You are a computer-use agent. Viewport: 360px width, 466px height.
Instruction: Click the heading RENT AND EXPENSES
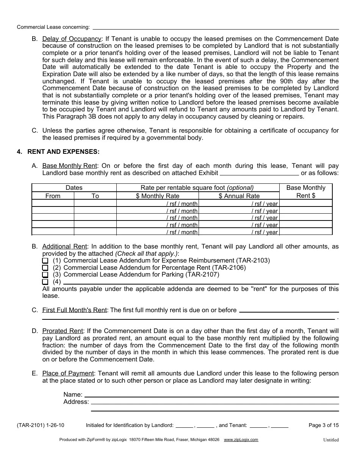63,152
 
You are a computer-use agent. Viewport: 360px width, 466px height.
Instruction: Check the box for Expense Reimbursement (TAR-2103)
45,261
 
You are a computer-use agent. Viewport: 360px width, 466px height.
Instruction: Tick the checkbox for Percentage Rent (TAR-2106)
45,268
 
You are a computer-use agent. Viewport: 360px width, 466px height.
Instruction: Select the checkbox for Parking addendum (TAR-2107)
45,275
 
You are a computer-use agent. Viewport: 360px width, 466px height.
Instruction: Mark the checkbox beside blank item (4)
45,282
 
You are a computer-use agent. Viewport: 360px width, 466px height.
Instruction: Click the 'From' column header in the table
53,196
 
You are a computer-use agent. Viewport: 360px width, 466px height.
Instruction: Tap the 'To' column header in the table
95,196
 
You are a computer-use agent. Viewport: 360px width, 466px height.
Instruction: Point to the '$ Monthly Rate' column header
158,196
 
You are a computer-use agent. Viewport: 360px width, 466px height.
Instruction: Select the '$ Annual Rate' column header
239,196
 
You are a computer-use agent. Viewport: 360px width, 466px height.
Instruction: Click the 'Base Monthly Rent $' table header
306,192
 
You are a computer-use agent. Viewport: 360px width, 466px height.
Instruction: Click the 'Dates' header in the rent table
74,188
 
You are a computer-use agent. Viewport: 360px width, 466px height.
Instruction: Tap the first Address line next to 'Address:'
214,402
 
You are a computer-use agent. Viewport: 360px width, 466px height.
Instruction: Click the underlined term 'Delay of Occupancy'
72,39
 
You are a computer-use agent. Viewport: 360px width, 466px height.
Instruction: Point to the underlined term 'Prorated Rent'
62,331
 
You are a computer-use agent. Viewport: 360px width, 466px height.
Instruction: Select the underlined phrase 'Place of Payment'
68,374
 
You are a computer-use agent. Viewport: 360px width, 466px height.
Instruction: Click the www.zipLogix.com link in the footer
241,439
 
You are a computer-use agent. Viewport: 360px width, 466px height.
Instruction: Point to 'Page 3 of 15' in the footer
324,425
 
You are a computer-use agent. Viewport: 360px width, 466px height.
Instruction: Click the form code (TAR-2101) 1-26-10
41,425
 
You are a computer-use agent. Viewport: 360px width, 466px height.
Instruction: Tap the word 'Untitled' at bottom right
331,440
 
